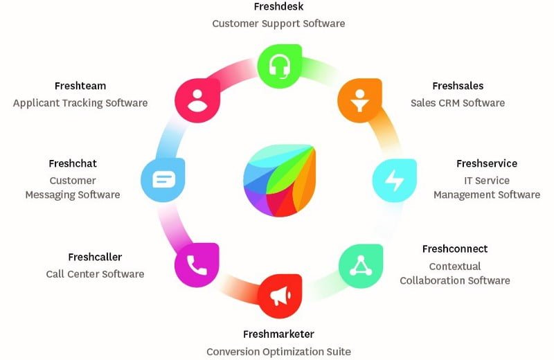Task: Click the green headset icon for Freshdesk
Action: click(280, 66)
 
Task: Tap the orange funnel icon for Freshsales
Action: click(359, 100)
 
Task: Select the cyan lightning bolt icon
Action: click(394, 181)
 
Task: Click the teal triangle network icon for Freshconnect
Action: click(361, 266)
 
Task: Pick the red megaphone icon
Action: click(280, 296)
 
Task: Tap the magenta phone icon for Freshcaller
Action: click(197, 265)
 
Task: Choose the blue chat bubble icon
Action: click(163, 180)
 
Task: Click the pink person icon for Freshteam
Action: click(197, 100)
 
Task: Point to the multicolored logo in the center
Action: click(280, 180)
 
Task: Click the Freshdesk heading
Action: click(279, 6)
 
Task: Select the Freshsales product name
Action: click(458, 86)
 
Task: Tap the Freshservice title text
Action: click(487, 163)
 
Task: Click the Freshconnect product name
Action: click(455, 249)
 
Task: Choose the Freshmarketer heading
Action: click(279, 334)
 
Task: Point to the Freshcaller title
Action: click(95, 258)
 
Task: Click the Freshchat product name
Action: click(73, 163)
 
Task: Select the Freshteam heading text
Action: click(80, 86)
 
